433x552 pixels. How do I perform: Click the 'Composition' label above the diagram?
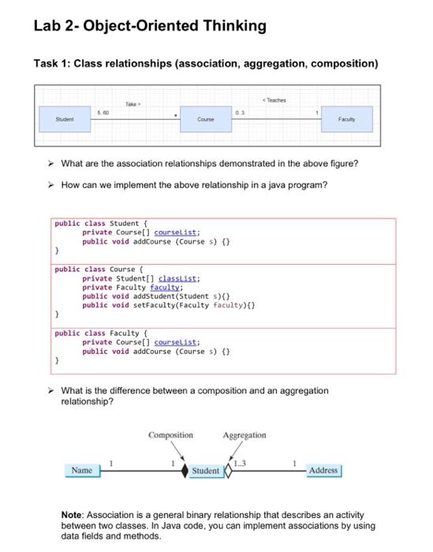click(170, 435)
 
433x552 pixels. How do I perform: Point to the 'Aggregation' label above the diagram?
click(244, 435)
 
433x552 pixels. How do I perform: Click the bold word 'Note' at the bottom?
click(76, 514)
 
